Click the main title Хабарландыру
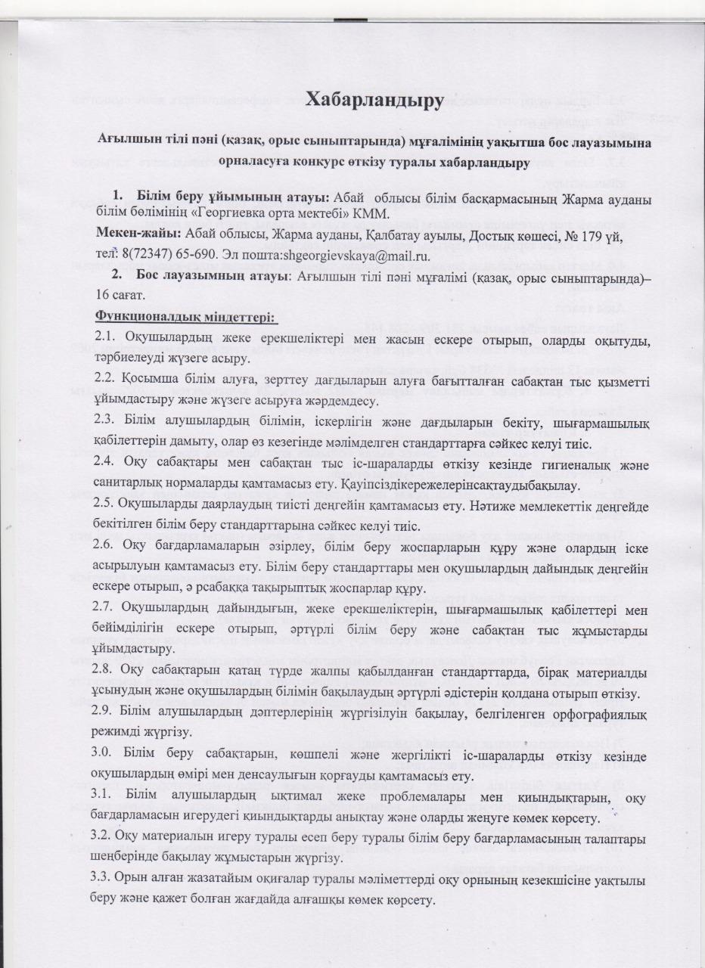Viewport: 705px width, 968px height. [373, 99]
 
